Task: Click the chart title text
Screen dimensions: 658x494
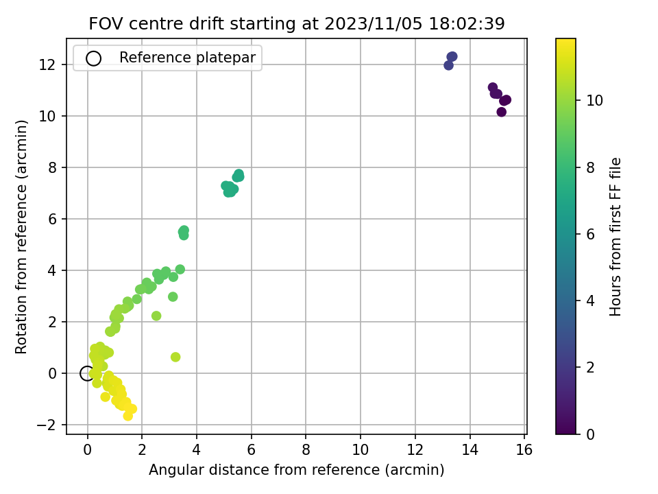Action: [297, 24]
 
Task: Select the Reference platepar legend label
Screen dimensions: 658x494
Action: [187, 58]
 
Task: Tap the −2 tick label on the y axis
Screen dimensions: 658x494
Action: [46, 425]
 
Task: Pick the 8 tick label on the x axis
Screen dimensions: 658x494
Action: [306, 450]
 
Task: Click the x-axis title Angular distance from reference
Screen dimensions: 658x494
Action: [297, 470]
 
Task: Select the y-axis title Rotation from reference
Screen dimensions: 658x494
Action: [21, 237]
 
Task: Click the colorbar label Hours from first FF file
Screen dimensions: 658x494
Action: [616, 237]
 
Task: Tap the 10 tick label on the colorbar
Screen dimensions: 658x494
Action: [595, 100]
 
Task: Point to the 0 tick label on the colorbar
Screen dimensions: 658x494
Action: [590, 434]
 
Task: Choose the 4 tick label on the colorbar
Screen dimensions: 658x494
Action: [590, 301]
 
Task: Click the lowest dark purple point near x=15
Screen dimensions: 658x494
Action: [501, 112]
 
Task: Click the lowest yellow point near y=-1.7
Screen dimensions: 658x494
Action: [128, 416]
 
